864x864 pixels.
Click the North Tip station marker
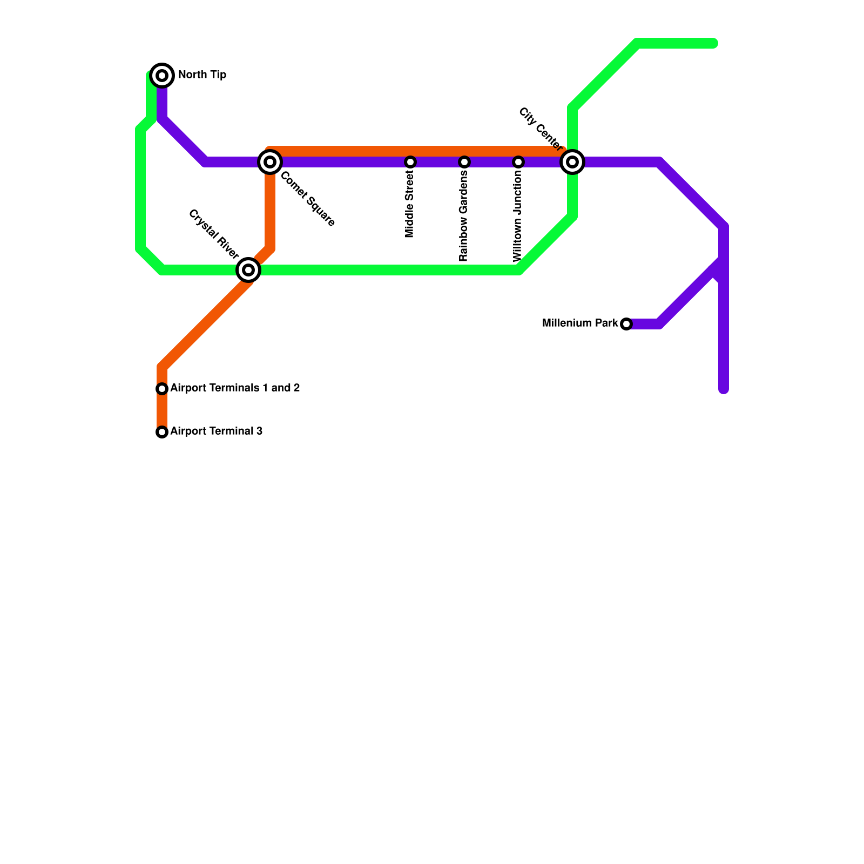coord(162,76)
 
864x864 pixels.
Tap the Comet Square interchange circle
coord(270,161)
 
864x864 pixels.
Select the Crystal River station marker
coord(248,269)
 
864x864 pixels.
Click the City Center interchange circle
coord(572,161)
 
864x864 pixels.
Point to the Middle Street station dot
coord(410,162)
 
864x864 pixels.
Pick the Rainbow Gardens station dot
coord(464,162)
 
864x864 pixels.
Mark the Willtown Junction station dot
coord(518,162)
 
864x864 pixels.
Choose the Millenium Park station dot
coord(626,324)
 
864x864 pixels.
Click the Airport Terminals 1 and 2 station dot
coord(162,389)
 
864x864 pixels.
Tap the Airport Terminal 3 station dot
coord(162,432)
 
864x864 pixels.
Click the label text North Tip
coord(202,75)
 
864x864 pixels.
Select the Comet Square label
coord(308,199)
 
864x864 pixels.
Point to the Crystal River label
coord(213,234)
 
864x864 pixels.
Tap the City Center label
coord(540,129)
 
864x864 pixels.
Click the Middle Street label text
coord(409,205)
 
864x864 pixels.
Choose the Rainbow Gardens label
coord(463,216)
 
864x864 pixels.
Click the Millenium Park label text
coord(580,323)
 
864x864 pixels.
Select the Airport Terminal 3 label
coord(216,431)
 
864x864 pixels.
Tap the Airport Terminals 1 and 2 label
coord(235,388)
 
